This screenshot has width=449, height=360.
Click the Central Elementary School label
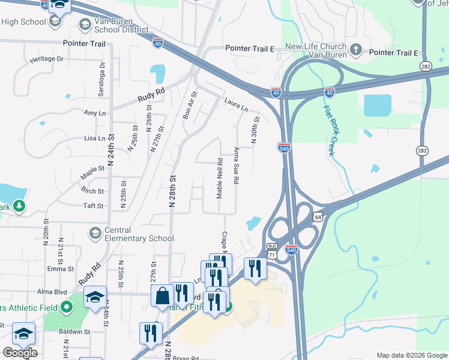[139, 233]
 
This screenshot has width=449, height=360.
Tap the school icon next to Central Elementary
[95, 233]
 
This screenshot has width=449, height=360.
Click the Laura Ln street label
[236, 105]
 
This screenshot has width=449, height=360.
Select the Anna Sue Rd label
[237, 166]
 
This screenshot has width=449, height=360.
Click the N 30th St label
[255, 130]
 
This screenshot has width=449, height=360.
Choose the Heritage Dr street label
[46, 59]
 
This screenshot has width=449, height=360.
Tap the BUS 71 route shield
[273, 251]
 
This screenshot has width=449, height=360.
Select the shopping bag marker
[162, 296]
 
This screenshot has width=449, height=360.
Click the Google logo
[20, 353]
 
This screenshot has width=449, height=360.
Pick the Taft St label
[94, 205]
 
